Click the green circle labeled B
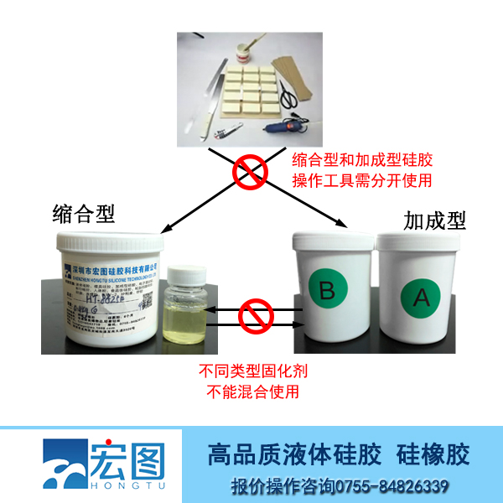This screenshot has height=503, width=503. (327, 290)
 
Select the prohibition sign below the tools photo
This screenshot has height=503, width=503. (250, 173)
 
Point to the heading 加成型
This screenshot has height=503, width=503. (433, 220)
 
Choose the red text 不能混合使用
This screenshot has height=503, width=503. (249, 391)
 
